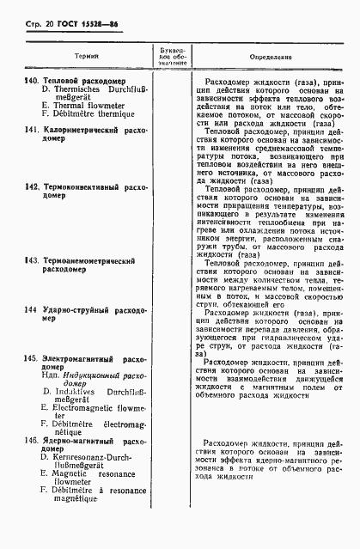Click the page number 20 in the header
point(37,15)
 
